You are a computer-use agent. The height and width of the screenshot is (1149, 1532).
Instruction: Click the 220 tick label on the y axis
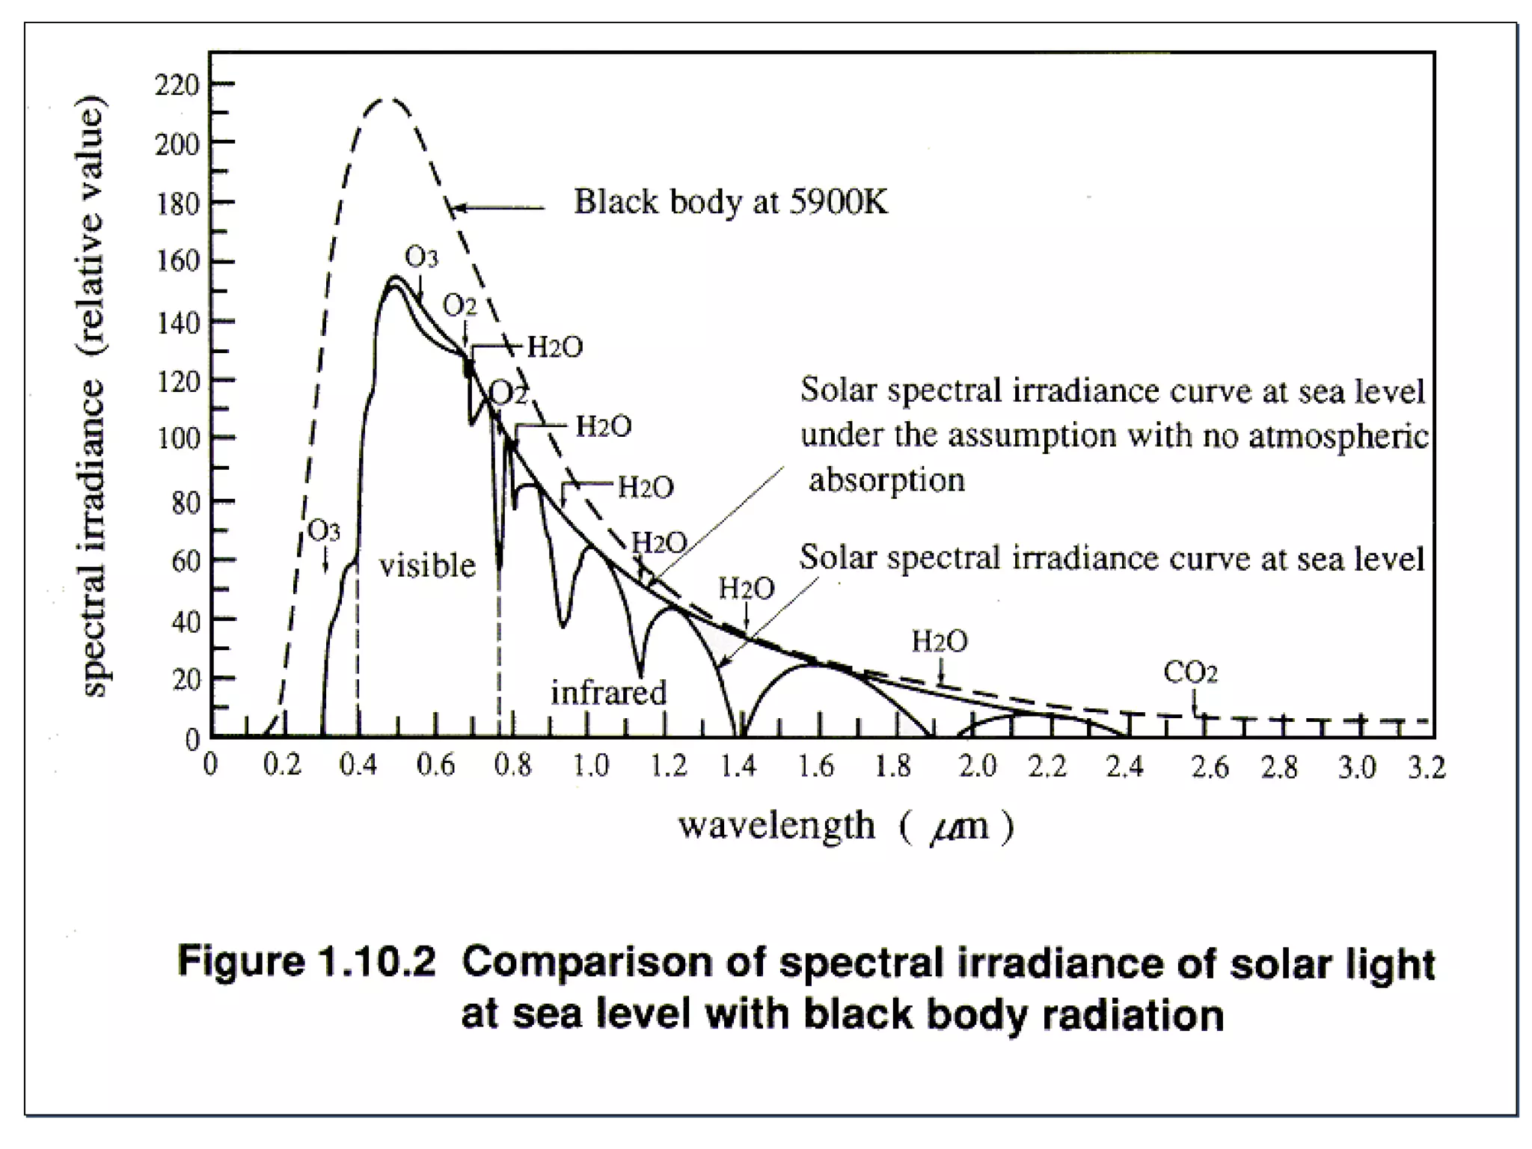click(x=177, y=85)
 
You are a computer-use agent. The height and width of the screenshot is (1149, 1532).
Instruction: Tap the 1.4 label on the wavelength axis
click(x=738, y=767)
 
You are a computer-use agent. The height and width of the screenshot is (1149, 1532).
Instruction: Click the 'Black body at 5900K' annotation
click(x=730, y=202)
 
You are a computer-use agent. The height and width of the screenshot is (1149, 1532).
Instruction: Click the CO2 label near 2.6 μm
click(x=1190, y=672)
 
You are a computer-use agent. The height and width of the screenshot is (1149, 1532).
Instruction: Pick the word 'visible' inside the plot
click(x=427, y=566)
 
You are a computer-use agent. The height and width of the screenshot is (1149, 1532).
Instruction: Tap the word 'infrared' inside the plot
click(x=608, y=693)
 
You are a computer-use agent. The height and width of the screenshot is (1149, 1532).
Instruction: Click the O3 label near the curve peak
click(x=421, y=257)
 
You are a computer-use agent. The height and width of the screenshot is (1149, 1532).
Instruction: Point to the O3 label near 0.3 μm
click(x=324, y=531)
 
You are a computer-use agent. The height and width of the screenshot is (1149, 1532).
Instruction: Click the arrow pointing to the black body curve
click(x=497, y=208)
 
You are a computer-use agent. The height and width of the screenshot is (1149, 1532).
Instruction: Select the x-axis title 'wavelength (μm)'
click(x=845, y=827)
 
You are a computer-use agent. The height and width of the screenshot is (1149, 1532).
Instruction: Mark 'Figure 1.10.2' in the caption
click(x=306, y=961)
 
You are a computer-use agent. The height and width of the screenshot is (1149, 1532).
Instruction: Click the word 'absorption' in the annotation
click(x=886, y=479)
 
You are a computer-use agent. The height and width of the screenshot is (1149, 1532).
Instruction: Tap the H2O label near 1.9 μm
click(x=939, y=641)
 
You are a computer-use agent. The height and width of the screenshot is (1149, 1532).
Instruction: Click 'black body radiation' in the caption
click(x=1014, y=1015)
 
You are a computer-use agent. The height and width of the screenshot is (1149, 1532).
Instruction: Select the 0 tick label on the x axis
click(x=211, y=766)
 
